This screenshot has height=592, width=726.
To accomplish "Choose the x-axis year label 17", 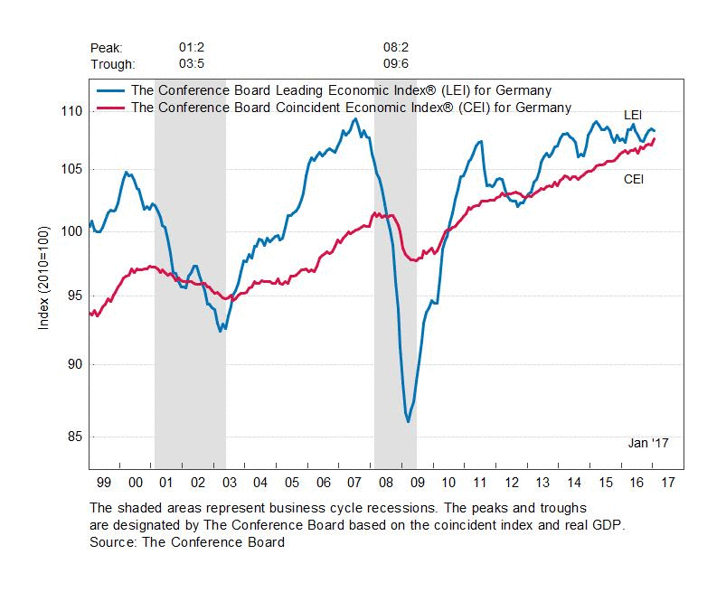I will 670,484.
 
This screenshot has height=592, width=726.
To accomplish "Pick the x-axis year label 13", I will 542,484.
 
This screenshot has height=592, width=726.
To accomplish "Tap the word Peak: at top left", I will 107,47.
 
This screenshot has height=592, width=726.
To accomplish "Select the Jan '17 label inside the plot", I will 648,443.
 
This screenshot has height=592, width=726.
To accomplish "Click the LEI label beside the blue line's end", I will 634,115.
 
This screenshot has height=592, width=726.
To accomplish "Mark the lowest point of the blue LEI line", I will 409,422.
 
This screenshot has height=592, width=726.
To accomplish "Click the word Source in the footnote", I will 110,542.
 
